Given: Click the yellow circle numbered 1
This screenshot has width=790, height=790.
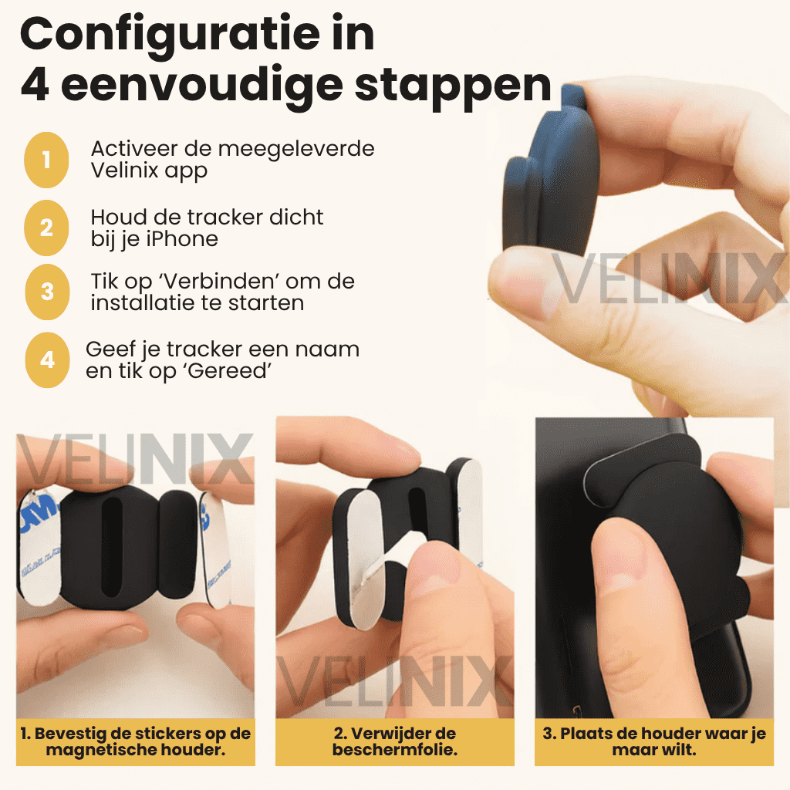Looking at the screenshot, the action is (x=46, y=160).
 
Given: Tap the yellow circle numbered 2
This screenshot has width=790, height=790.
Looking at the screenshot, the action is (x=46, y=228).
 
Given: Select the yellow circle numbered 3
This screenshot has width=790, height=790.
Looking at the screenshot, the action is (x=47, y=292).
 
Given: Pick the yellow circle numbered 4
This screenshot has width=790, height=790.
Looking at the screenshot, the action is (x=47, y=360).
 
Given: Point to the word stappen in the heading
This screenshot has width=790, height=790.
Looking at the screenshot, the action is (x=453, y=86).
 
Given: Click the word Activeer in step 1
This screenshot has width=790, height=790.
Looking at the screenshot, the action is (x=134, y=149).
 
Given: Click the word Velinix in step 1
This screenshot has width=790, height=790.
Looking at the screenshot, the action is (x=124, y=170).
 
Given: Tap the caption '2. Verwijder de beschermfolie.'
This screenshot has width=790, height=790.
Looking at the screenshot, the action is (x=395, y=741).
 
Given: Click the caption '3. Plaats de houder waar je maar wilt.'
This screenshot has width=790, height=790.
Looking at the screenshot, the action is (x=654, y=741).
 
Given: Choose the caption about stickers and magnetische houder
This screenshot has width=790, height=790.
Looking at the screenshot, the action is (x=136, y=741).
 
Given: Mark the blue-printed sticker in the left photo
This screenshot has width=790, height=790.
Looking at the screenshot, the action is (x=38, y=547).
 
